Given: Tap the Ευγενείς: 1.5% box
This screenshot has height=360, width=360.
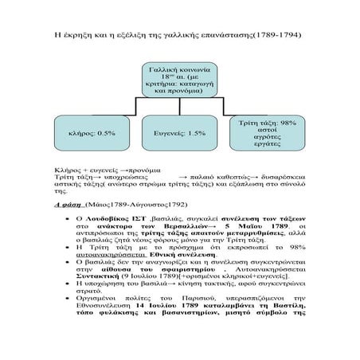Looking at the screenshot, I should (x=180, y=134).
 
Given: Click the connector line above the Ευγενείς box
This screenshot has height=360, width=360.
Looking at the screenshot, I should (x=181, y=109).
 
